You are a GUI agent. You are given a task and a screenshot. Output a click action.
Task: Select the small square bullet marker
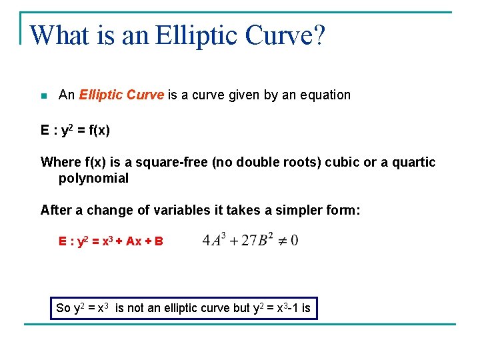click(44, 96)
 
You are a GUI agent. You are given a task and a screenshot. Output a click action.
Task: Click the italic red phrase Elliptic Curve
click(121, 95)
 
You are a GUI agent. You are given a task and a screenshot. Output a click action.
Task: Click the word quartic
click(413, 162)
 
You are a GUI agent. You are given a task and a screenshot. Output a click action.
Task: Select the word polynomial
click(93, 178)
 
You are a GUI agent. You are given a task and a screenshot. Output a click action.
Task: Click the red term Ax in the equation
click(133, 241)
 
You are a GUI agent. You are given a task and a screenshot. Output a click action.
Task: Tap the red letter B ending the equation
click(159, 241)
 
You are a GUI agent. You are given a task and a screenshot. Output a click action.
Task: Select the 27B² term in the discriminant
click(253, 240)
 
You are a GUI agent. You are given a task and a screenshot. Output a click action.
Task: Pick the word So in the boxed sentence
click(63, 308)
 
